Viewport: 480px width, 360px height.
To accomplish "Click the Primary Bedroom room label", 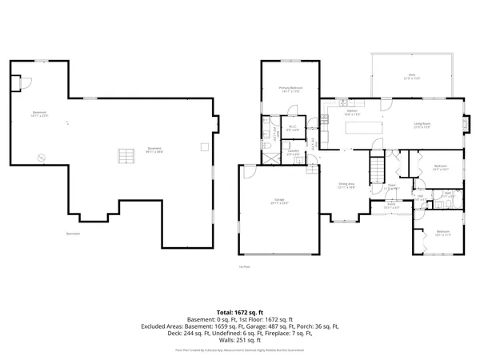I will (x=289, y=89).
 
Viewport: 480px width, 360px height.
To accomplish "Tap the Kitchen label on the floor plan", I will (x=349, y=113).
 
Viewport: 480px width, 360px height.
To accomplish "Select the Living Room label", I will (x=423, y=124).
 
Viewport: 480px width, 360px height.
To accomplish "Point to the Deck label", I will (x=412, y=76).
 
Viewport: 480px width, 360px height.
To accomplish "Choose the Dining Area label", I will (x=346, y=185).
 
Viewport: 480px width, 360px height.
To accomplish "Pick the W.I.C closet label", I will (x=293, y=127).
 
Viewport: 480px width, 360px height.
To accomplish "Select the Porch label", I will (x=393, y=204).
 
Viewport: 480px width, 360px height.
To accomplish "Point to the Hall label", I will (x=421, y=196).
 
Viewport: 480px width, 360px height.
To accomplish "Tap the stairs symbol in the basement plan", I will (x=124, y=154).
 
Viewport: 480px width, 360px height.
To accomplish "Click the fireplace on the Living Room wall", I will (x=469, y=124).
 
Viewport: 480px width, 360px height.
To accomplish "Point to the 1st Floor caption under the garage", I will (x=245, y=266).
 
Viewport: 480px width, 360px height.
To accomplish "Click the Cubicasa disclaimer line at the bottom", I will (x=239, y=350).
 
